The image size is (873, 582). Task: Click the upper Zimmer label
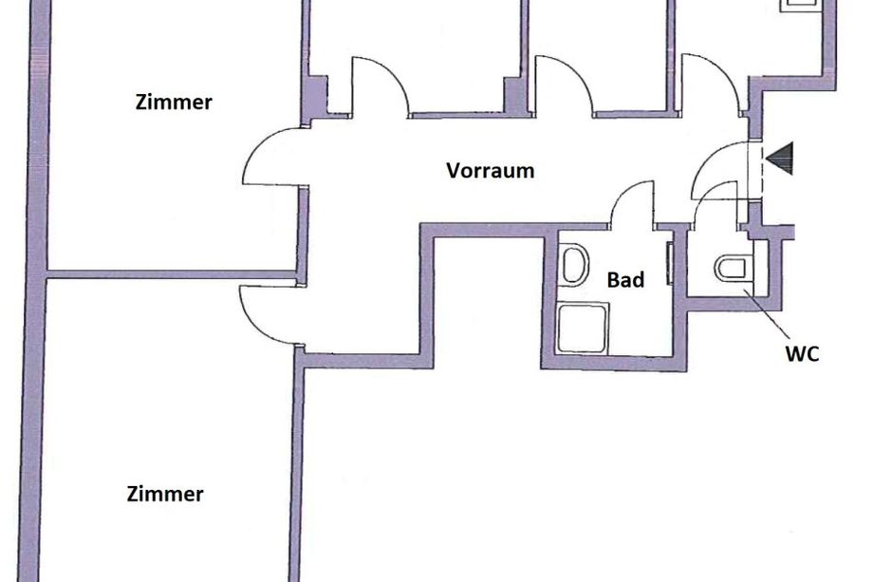174,103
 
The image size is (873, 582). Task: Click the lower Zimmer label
165,494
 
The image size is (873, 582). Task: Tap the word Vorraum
491,171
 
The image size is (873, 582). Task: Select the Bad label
625,279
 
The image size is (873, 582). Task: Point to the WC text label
802,353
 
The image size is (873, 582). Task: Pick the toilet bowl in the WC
732,268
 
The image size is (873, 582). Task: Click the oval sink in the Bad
575,265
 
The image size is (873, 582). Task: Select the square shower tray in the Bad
583,329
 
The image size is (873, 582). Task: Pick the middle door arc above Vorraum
576,72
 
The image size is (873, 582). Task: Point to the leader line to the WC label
766,313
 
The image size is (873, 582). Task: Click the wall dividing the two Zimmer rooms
172,274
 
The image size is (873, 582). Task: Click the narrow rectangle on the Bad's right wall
670,264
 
